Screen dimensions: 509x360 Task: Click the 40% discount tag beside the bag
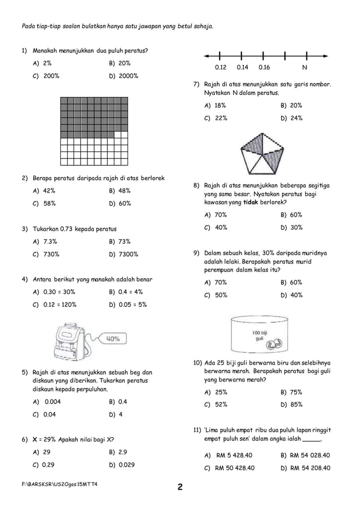tap(112, 339)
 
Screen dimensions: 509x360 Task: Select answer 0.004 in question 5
tap(49, 402)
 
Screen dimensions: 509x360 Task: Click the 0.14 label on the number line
tap(242, 67)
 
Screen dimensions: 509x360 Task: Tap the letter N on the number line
tap(305, 67)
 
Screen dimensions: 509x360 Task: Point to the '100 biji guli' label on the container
tap(260, 335)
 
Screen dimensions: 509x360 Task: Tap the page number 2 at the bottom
tap(179, 488)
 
